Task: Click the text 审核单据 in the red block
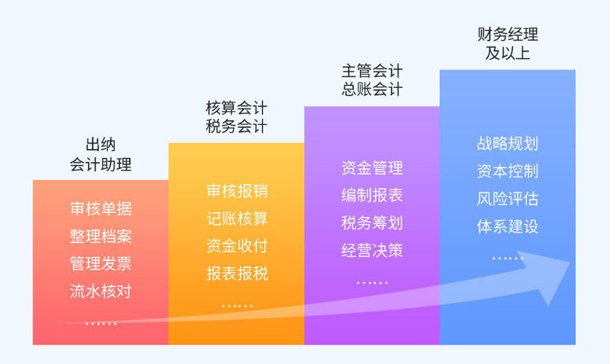pyautogui.click(x=101, y=209)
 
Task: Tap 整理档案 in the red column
pyautogui.click(x=101, y=236)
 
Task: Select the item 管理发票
pyautogui.click(x=101, y=264)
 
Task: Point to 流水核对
pyautogui.click(x=101, y=291)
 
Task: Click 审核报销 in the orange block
pyautogui.click(x=237, y=191)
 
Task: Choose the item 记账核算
pyautogui.click(x=237, y=218)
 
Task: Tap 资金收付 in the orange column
pyautogui.click(x=237, y=246)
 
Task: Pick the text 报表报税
pyautogui.click(x=237, y=274)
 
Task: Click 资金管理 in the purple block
pyautogui.click(x=372, y=168)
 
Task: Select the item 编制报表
pyautogui.click(x=372, y=195)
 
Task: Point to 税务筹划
pyautogui.click(x=372, y=223)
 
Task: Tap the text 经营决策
pyautogui.click(x=372, y=251)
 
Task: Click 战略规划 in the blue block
pyautogui.click(x=508, y=144)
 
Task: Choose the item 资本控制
pyautogui.click(x=508, y=171)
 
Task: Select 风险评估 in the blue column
pyautogui.click(x=508, y=198)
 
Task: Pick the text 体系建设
pyautogui.click(x=508, y=227)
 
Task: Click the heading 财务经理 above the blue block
pyautogui.click(x=508, y=34)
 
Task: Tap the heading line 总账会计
pyautogui.click(x=372, y=89)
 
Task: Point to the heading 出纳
pyautogui.click(x=101, y=145)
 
